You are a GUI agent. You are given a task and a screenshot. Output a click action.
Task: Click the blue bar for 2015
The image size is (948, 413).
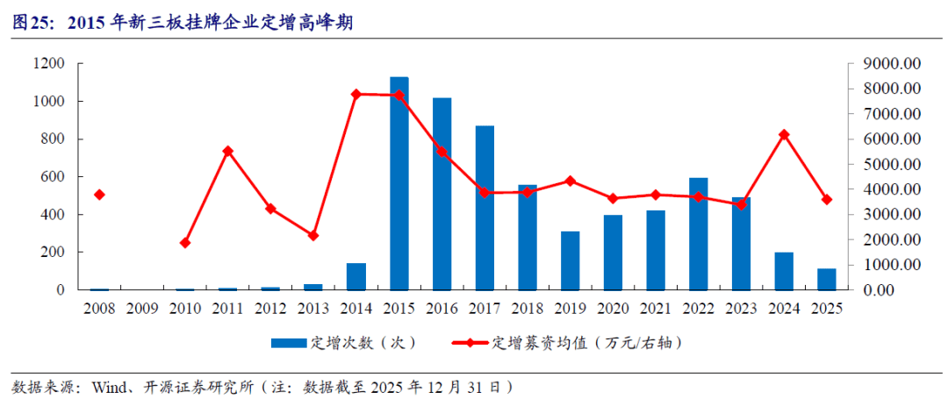pos(399,183)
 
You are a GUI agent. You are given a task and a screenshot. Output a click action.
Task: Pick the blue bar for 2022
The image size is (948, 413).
pos(699,233)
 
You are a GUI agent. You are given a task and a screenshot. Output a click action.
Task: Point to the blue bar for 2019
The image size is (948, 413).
pos(571,260)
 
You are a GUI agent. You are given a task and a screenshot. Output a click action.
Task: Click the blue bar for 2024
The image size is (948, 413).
pos(784,271)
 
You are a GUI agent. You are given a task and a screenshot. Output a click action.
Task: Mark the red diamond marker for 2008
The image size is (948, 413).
pos(99,195)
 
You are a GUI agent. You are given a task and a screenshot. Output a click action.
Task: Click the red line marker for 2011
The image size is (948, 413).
pos(228,151)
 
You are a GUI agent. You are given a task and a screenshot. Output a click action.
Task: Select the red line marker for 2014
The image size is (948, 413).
pos(356,94)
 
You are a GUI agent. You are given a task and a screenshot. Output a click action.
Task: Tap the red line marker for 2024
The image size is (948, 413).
pos(784,134)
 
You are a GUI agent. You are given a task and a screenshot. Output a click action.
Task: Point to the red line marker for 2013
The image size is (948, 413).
pos(313,235)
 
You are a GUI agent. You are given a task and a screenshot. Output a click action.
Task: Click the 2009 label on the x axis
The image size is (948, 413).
pos(142,309)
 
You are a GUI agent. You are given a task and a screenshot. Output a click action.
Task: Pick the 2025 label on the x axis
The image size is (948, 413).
pos(826,309)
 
